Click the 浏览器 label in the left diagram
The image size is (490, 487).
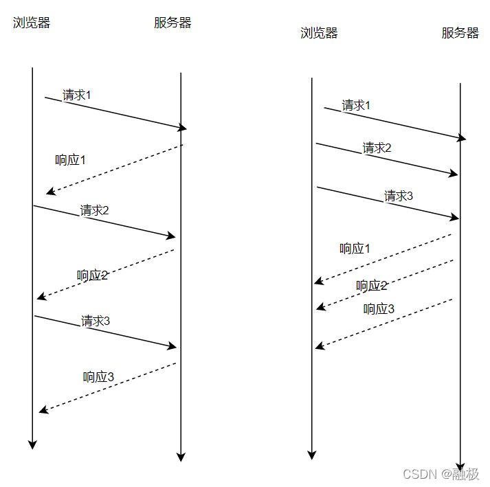[32, 23]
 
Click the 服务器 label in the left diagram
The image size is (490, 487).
[172, 23]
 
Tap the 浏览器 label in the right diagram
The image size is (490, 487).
[319, 33]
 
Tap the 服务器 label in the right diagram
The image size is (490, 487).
[460, 33]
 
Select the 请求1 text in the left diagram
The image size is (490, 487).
[76, 95]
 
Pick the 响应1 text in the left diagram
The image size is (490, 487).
[70, 160]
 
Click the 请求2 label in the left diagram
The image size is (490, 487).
[94, 210]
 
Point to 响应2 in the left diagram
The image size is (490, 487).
[92, 275]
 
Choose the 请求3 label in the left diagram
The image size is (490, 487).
[96, 321]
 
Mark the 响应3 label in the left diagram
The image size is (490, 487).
[98, 376]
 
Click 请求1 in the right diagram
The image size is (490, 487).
[356, 105]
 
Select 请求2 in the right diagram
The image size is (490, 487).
[377, 148]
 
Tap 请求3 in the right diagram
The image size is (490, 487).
[399, 196]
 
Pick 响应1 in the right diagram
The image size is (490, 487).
[355, 249]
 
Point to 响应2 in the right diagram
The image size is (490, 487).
[372, 286]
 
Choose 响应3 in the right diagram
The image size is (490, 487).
[379, 309]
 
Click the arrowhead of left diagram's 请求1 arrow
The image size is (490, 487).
[183, 128]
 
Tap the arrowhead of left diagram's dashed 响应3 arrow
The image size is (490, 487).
[43, 410]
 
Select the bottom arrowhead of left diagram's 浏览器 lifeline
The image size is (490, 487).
[32, 444]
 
